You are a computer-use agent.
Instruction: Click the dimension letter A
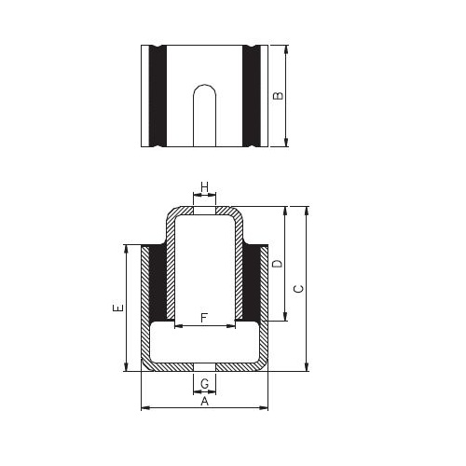point(204,402)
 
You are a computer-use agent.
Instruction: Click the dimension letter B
point(279,95)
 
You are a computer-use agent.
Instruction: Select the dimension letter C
point(299,289)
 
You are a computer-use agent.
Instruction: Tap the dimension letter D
point(278,264)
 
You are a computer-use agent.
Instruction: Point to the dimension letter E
point(118,308)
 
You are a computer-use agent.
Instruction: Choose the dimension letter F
point(204,318)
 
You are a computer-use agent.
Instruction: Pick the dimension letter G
point(205,384)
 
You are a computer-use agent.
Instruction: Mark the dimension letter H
point(204,187)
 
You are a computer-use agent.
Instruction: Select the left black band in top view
point(158,96)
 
